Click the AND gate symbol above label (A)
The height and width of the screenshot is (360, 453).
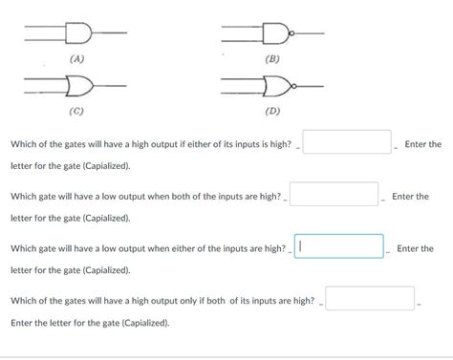[x=78, y=32]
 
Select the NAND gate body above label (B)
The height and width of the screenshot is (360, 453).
[x=275, y=33]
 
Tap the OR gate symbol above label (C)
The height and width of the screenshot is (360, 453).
[x=79, y=86]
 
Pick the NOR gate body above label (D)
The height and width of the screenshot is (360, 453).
[x=277, y=86]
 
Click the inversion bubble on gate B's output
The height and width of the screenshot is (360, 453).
[x=291, y=33]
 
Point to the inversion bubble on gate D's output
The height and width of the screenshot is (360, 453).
[x=294, y=86]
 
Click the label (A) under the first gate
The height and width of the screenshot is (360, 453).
[x=77, y=59]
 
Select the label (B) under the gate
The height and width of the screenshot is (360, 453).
[x=272, y=59]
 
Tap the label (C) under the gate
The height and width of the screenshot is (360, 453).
[x=76, y=111]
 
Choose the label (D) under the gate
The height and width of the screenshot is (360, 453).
[x=272, y=111]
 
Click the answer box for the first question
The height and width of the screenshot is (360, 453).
[x=347, y=142]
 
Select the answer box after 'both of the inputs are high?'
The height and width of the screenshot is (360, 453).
[x=334, y=194]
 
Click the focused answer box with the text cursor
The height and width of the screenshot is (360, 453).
[x=339, y=246]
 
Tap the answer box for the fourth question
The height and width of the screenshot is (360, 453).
[x=370, y=298]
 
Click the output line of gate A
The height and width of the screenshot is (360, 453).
[x=109, y=32]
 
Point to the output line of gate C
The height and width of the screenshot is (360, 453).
[x=110, y=86]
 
